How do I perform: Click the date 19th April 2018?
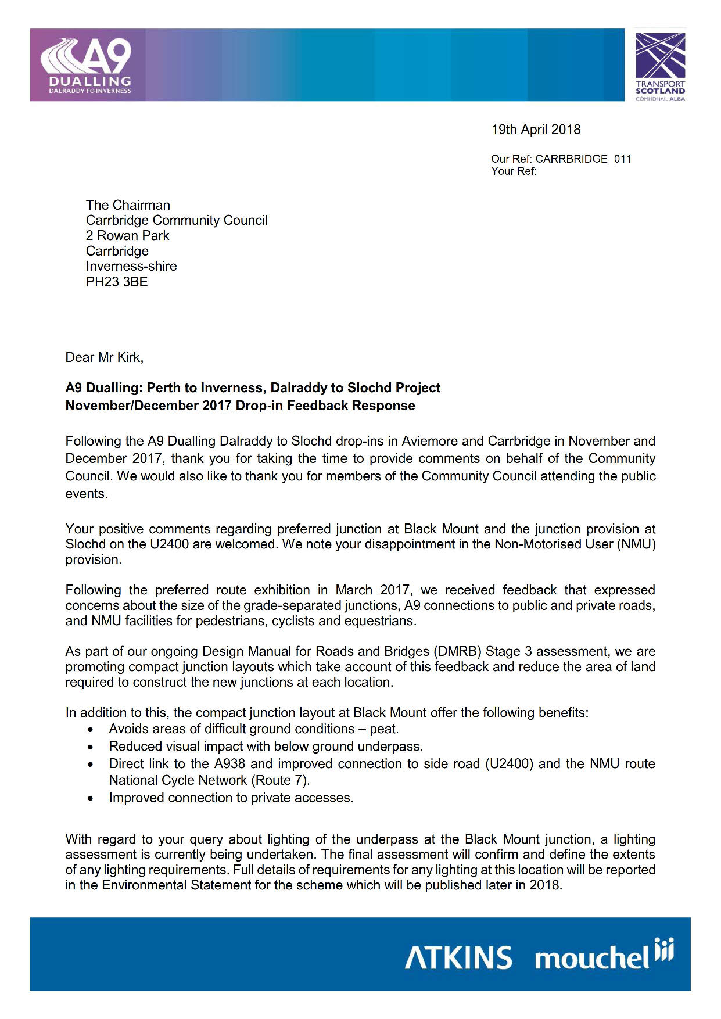point(536,130)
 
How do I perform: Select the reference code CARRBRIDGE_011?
point(583,159)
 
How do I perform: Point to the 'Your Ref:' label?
point(514,171)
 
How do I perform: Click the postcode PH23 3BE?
point(117,282)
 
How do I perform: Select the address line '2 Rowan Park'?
point(127,235)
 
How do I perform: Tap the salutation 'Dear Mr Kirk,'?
point(104,357)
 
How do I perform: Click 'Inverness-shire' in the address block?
point(131,266)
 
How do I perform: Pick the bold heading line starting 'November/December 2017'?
point(240,406)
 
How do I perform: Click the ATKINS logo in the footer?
point(458,957)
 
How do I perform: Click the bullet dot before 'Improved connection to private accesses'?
point(91,799)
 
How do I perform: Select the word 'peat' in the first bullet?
point(383,729)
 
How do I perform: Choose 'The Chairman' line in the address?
point(128,205)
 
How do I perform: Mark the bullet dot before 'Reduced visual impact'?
point(91,747)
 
